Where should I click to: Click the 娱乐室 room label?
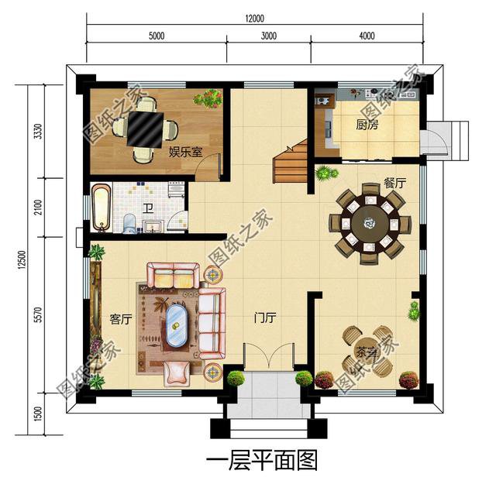point(186,151)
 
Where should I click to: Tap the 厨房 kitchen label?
point(367,125)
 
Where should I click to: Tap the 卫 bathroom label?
point(147,208)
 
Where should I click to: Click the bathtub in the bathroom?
point(102,207)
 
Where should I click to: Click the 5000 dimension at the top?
point(156,35)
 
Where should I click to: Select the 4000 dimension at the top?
point(367,35)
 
